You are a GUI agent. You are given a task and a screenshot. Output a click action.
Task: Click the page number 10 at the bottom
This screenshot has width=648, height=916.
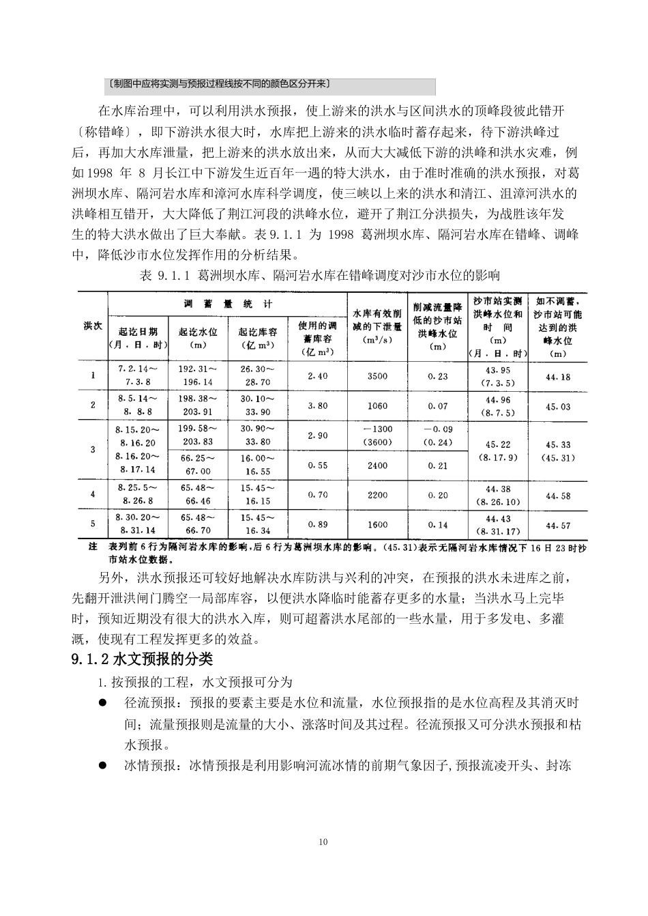click(323, 842)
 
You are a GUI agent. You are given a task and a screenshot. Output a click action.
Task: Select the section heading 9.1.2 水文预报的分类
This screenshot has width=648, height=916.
click(142, 659)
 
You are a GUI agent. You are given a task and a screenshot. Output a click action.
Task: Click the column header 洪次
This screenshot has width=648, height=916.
click(93, 326)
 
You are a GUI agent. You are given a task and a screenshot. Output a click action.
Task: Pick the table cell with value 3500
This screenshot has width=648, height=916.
click(377, 376)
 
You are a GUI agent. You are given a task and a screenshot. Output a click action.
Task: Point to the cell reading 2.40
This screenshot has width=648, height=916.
click(318, 376)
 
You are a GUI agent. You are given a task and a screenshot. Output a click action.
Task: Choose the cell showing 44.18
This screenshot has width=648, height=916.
click(558, 377)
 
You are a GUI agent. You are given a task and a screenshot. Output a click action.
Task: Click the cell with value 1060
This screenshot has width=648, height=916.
click(377, 405)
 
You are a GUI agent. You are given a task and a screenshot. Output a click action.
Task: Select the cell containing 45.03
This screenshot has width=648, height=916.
click(558, 406)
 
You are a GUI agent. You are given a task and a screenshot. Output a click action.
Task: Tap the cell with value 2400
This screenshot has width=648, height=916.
click(377, 466)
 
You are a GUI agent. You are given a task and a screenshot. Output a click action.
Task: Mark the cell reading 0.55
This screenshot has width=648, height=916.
click(318, 466)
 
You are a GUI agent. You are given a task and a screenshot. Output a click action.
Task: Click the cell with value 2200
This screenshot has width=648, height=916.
click(377, 495)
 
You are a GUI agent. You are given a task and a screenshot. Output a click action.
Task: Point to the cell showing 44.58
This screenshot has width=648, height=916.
click(558, 496)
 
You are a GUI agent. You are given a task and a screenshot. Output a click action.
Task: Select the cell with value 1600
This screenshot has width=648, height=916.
click(377, 524)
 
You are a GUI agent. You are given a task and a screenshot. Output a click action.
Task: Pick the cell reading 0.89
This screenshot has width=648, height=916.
click(318, 524)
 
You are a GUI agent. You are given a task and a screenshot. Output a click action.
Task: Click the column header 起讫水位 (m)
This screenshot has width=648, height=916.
click(198, 337)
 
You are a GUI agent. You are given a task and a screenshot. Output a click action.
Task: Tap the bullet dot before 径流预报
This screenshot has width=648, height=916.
click(103, 702)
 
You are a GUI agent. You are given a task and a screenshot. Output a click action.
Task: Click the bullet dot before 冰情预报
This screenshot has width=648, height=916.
click(103, 765)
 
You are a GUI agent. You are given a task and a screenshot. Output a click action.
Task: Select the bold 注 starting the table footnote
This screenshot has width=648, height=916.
click(93, 547)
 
